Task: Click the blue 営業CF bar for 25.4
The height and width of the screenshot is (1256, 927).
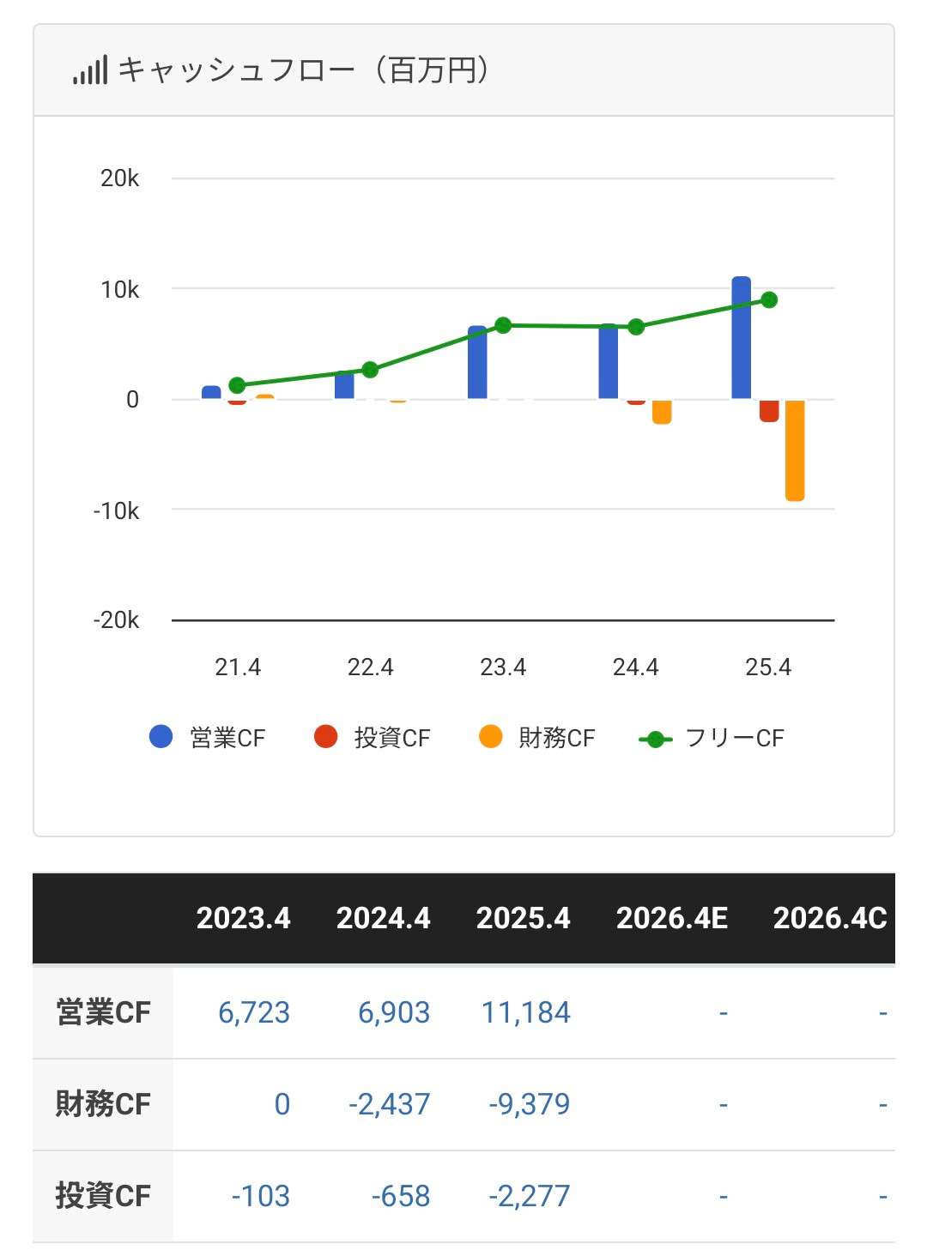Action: point(741,338)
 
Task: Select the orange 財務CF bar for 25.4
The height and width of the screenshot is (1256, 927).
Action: point(795,450)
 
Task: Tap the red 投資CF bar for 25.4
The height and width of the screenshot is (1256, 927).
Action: point(768,410)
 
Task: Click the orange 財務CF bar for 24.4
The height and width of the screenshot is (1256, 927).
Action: point(662,412)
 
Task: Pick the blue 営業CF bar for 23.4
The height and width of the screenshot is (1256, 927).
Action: point(477,362)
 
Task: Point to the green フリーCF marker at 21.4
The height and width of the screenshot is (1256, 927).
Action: point(238,385)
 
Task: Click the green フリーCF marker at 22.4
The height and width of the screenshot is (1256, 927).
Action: point(370,370)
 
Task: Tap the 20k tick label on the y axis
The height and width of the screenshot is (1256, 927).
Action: point(119,178)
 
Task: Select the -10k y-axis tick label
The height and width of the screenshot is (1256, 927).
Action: point(116,510)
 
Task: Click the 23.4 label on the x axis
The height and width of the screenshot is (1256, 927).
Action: point(503,667)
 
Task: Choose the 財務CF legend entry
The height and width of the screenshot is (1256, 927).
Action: point(536,738)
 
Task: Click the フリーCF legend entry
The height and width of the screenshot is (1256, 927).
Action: point(712,738)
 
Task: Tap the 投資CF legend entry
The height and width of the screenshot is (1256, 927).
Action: point(373,738)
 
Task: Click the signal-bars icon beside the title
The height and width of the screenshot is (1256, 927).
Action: point(90,70)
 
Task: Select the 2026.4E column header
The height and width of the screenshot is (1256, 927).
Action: point(671,918)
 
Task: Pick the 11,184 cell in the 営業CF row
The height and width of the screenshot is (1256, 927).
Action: point(525,1012)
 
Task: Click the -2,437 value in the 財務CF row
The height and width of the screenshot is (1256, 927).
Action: point(389,1103)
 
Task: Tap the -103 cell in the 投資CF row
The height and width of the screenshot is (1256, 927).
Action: point(260,1195)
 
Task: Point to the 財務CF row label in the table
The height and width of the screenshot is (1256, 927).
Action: point(103,1103)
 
